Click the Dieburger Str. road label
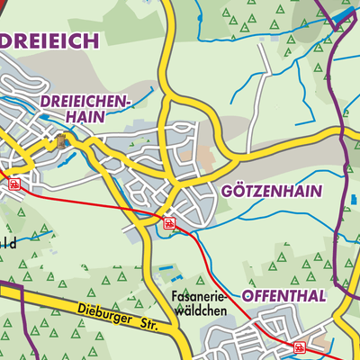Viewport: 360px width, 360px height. point(103,313)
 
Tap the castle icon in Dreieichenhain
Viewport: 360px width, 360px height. point(61,139)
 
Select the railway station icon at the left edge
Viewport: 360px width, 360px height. point(14,183)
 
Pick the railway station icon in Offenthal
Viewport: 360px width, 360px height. point(300,346)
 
